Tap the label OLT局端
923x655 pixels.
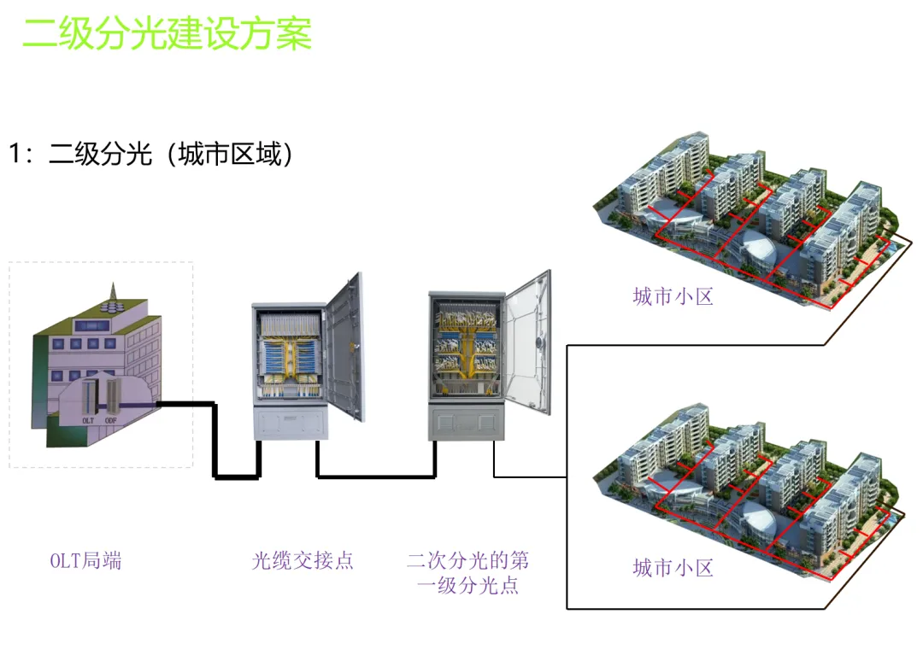coord(85,561)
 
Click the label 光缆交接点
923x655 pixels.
coord(303,561)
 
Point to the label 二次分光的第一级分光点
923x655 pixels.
coord(467,573)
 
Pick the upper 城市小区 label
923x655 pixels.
coord(673,297)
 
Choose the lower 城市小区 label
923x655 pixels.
coord(673,568)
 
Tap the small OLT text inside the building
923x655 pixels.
coord(88,420)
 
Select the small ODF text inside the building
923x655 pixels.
coord(111,420)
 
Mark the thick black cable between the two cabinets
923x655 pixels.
coord(376,476)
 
